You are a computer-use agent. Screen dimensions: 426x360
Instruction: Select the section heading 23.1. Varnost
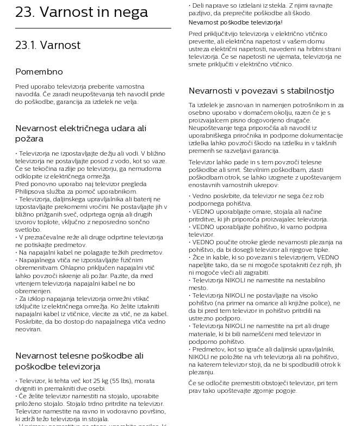click(x=48, y=45)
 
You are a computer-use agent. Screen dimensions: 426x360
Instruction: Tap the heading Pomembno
click(x=39, y=72)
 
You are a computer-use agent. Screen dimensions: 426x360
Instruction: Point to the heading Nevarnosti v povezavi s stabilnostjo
click(x=269, y=90)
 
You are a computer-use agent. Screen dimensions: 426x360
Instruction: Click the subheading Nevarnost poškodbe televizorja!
click(x=235, y=22)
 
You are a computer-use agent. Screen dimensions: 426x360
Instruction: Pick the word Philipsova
click(x=30, y=192)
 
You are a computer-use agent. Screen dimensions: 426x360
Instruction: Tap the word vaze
click(x=161, y=162)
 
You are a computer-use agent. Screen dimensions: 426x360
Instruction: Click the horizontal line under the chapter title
click(x=93, y=28)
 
